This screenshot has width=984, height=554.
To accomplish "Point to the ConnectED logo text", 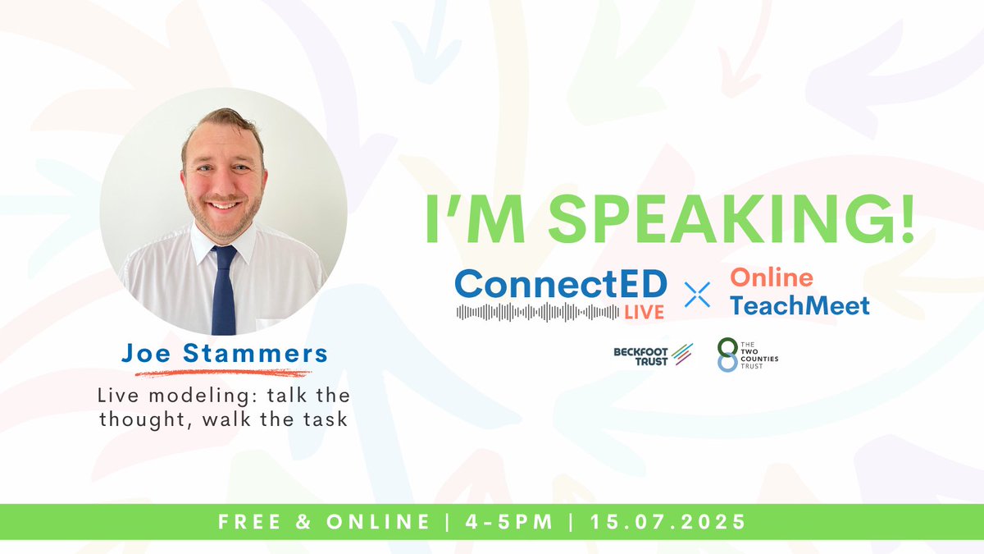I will tap(561, 283).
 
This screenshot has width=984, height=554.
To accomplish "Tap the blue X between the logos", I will tap(698, 294).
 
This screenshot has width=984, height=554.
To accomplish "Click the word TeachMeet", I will tap(799, 305).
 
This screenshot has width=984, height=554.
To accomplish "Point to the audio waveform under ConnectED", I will tap(538, 313).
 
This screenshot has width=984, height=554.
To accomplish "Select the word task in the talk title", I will tap(328, 419).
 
